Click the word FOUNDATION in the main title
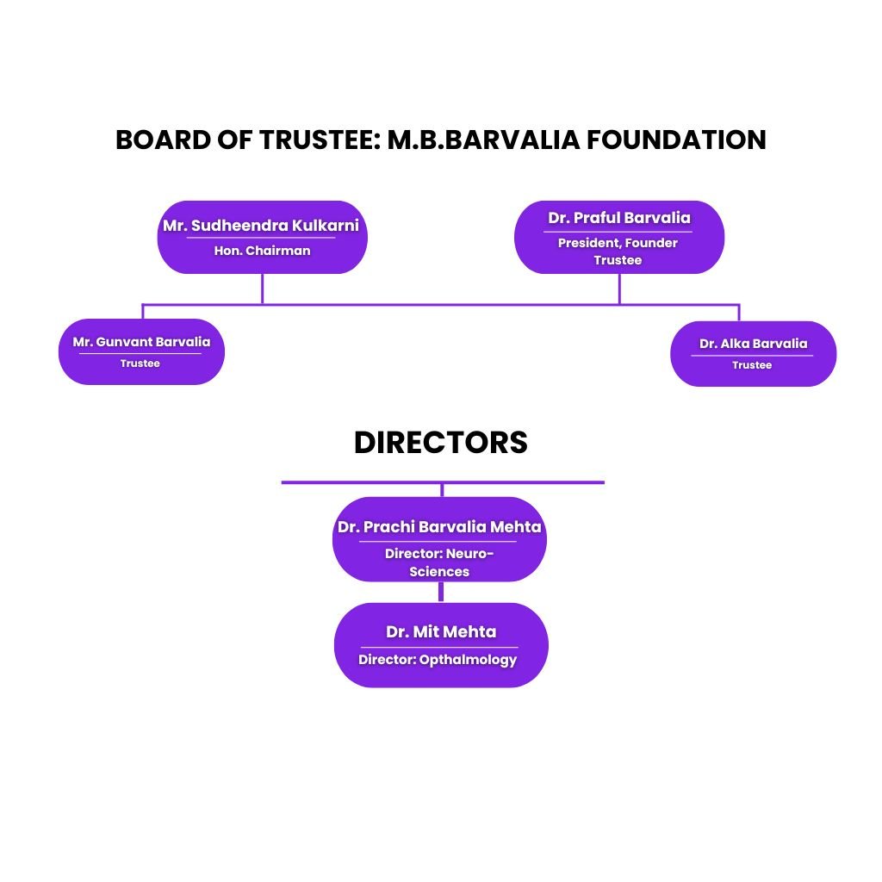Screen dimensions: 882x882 (x=676, y=140)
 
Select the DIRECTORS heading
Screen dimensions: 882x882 (x=441, y=442)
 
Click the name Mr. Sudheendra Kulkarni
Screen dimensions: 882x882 (x=261, y=227)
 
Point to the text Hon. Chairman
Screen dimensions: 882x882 (x=262, y=252)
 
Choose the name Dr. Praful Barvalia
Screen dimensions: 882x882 (x=619, y=218)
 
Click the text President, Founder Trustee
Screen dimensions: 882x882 (x=618, y=251)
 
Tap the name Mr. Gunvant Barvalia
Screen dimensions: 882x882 (x=141, y=342)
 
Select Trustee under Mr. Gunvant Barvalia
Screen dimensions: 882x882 (x=140, y=363)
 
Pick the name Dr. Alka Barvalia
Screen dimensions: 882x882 (x=753, y=344)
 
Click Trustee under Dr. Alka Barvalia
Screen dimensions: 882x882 (x=752, y=365)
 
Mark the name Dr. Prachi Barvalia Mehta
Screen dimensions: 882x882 (x=439, y=526)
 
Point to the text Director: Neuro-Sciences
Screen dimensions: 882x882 (x=439, y=562)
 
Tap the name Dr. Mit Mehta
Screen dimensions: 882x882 (x=441, y=631)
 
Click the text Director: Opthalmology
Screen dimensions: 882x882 (x=438, y=660)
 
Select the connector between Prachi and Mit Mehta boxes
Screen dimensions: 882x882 (x=441, y=593)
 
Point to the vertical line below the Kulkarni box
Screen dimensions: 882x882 (x=262, y=289)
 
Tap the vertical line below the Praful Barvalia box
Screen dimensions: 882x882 (x=619, y=289)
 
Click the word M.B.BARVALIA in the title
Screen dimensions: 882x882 (x=483, y=140)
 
